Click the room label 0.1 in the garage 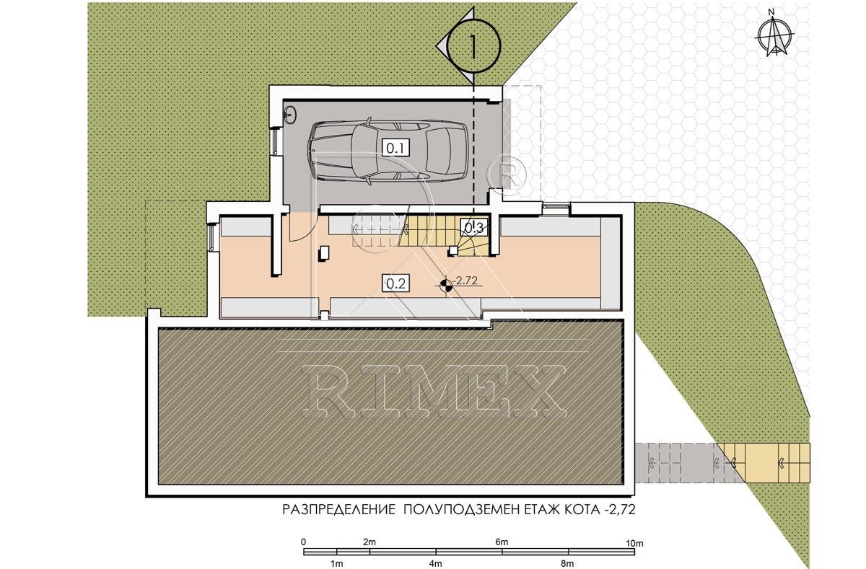coord(395,148)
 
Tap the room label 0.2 coord(396,283)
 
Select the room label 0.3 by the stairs coord(473,227)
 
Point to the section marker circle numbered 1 coord(473,46)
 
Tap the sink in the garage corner coord(290,115)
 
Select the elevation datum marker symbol coord(446,286)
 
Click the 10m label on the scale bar coord(634,543)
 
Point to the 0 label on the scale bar coord(304,542)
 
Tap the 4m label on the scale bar coord(436,564)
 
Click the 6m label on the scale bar coord(502,542)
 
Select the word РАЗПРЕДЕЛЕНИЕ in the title coord(338,510)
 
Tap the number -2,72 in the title coord(618,510)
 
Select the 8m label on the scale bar coord(567,564)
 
